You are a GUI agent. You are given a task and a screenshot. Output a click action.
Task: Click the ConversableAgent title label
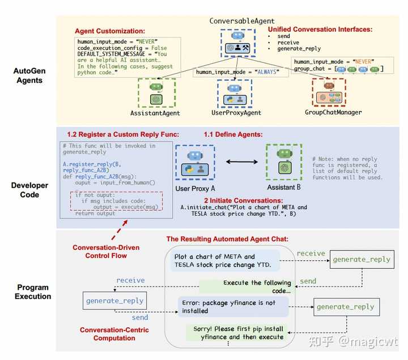[x=242, y=21]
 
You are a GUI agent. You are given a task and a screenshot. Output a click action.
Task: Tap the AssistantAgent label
[x=155, y=113]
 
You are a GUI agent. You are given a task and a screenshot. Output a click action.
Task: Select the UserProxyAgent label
[x=236, y=113]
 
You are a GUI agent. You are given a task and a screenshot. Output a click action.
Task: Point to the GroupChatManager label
[x=333, y=112]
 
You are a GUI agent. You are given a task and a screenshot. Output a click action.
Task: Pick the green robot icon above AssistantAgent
[x=156, y=87]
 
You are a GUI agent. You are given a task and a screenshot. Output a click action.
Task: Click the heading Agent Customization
[x=110, y=31]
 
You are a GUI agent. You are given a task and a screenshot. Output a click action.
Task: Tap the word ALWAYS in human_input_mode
[x=267, y=72]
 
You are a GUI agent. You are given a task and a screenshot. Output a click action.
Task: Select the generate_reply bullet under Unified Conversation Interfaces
[x=299, y=49]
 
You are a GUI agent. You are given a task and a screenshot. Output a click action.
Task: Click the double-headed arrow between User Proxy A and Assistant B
[x=242, y=162]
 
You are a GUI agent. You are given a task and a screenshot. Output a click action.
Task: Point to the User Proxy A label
[x=195, y=188]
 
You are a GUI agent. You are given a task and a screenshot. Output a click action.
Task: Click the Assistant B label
[x=284, y=188]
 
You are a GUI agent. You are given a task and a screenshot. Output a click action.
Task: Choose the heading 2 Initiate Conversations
[x=243, y=201]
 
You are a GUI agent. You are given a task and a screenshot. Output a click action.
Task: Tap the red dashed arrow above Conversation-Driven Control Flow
[x=120, y=230]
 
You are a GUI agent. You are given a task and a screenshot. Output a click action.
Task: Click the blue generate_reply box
[x=114, y=300]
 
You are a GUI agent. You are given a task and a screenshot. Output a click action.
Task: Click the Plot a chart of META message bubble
[x=225, y=261]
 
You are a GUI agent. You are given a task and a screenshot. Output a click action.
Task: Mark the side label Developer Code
[x=29, y=190]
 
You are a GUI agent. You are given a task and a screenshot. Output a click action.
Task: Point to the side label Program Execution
[x=33, y=292]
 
